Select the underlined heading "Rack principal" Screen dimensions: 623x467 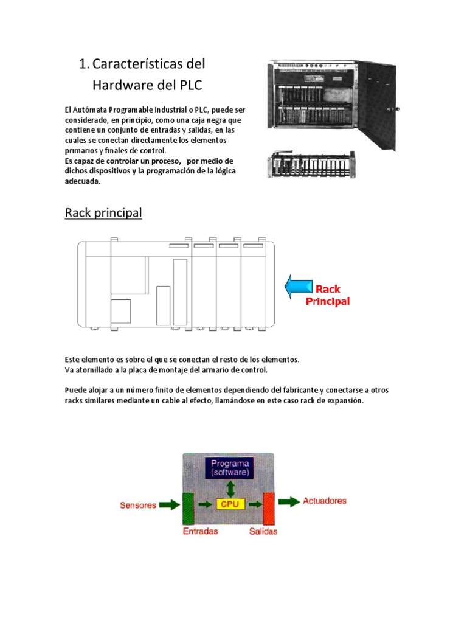(103, 213)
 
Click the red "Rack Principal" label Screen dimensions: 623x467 (328, 295)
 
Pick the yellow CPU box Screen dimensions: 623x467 (229, 504)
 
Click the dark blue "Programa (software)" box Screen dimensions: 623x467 (229, 467)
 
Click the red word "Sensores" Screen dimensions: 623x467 (138, 505)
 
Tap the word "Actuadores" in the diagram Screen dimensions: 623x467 (324, 501)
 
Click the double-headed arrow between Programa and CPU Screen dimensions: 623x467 (229, 487)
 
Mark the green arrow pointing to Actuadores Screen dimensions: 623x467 (289, 501)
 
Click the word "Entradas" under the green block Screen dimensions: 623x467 (200, 531)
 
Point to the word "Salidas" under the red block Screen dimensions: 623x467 (263, 531)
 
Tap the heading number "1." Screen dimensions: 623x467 (85, 64)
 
